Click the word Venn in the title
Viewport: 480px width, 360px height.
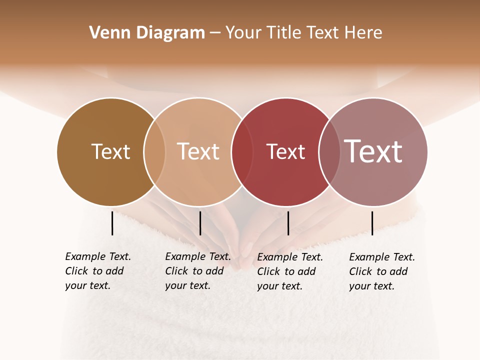(110, 33)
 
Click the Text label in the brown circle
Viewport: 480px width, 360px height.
(110, 151)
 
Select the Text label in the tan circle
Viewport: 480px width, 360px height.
(198, 151)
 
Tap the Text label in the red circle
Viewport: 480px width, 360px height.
(285, 152)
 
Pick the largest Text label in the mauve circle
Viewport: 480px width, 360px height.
(373, 151)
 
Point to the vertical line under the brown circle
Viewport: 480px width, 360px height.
(112, 223)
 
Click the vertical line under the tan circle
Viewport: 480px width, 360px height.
(200, 223)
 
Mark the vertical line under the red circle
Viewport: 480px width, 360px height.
(288, 223)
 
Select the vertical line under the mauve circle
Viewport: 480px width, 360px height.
(372, 223)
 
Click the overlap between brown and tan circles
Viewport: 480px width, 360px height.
(154, 151)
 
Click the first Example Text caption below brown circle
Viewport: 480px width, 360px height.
(97, 271)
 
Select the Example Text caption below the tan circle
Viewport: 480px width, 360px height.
(197, 271)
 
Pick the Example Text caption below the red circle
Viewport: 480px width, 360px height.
(289, 271)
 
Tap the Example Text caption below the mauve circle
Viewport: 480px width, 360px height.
(381, 271)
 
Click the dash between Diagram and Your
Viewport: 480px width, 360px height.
(215, 33)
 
